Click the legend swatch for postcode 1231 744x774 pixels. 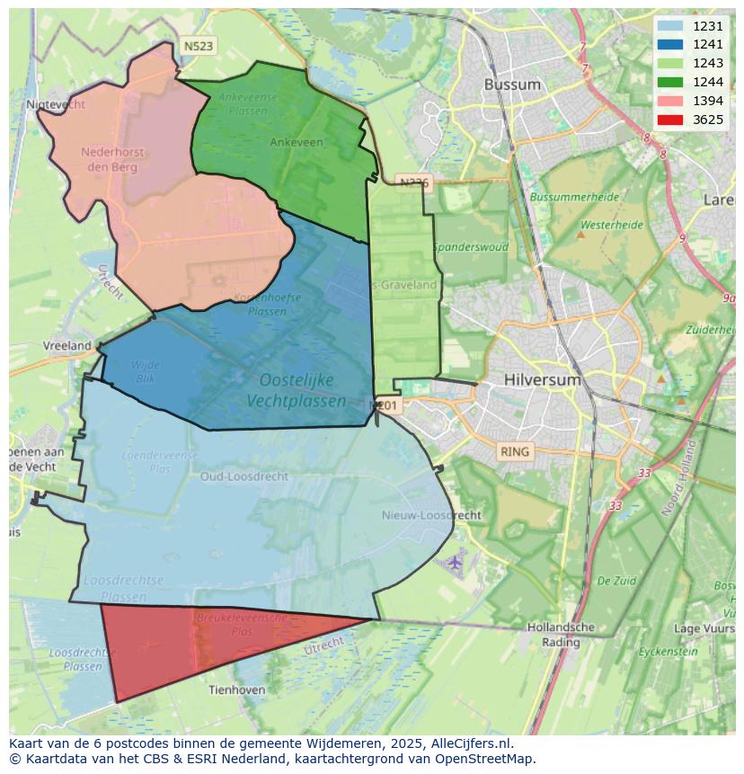(669, 26)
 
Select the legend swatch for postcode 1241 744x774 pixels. (669, 45)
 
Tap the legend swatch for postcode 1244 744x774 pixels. (669, 83)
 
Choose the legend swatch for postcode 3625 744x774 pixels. (669, 120)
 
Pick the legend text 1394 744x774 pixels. (708, 101)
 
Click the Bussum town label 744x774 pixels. (512, 85)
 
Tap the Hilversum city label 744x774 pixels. (543, 379)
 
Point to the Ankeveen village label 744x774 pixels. (297, 142)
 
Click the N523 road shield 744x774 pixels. (198, 47)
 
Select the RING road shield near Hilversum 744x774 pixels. (515, 451)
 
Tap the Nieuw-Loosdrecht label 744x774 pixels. (431, 515)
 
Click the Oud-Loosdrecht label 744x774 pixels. (244, 476)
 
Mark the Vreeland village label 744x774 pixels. (67, 345)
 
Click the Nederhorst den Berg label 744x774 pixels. (112, 159)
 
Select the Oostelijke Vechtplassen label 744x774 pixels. (297, 391)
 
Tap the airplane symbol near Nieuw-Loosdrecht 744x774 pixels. (455, 563)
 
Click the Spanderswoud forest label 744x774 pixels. (471, 247)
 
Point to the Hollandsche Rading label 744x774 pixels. (561, 635)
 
